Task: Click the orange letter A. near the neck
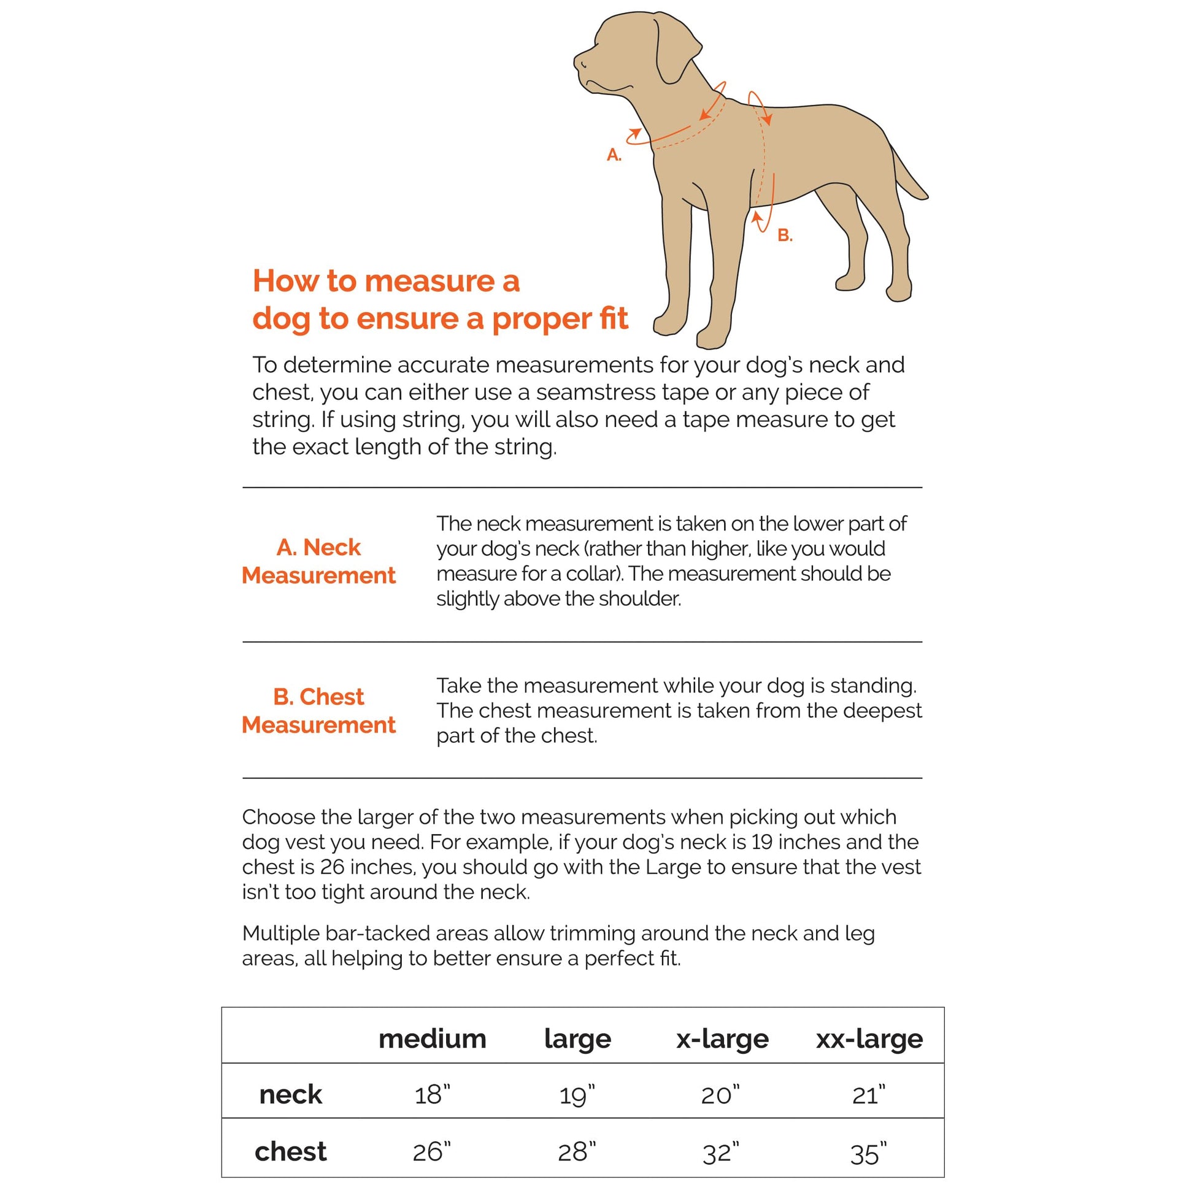(x=614, y=155)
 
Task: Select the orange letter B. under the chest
(x=784, y=236)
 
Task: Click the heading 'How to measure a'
(x=387, y=281)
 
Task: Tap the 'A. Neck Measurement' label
(x=318, y=561)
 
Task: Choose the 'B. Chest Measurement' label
(x=318, y=710)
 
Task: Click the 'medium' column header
(x=432, y=1038)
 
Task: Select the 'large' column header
(x=577, y=1038)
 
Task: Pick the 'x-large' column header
(x=722, y=1038)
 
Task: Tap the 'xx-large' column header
(x=869, y=1038)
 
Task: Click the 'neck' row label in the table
(x=290, y=1095)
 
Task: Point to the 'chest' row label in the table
(x=290, y=1152)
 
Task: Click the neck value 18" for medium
(x=432, y=1095)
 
